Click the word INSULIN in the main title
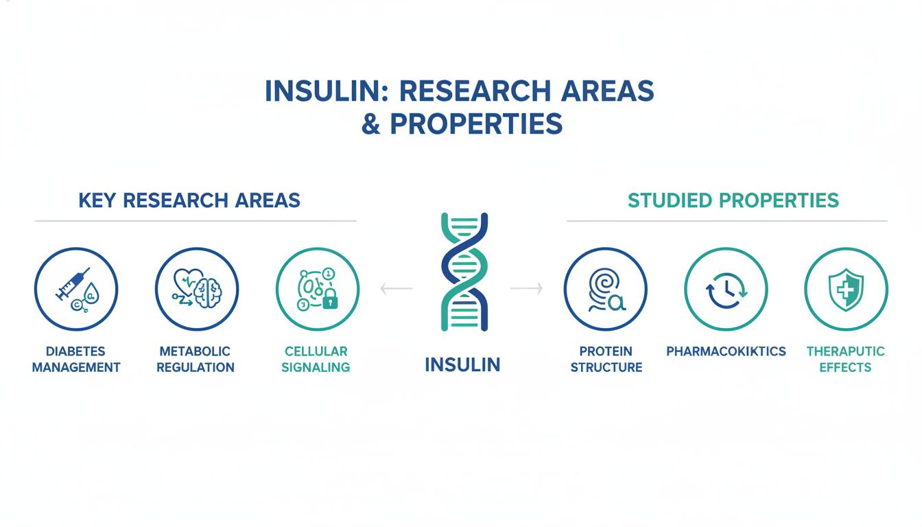(327, 91)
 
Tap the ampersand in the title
(371, 124)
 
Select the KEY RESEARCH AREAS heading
(189, 201)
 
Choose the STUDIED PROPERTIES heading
(733, 201)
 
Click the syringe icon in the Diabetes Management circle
(73, 283)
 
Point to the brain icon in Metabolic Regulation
(209, 293)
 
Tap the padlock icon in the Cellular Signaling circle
(330, 298)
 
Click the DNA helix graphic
(464, 272)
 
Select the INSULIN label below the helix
(462, 365)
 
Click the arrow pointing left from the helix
(397, 289)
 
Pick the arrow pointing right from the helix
(526, 289)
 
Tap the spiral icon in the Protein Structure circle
(604, 285)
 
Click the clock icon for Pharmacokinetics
(726, 290)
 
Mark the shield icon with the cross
(846, 290)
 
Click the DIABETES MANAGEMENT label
(76, 360)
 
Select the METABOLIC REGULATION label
(196, 360)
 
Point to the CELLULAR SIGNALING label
(316, 360)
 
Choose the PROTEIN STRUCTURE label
(606, 360)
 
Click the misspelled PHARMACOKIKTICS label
(726, 351)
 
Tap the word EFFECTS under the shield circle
(845, 367)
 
